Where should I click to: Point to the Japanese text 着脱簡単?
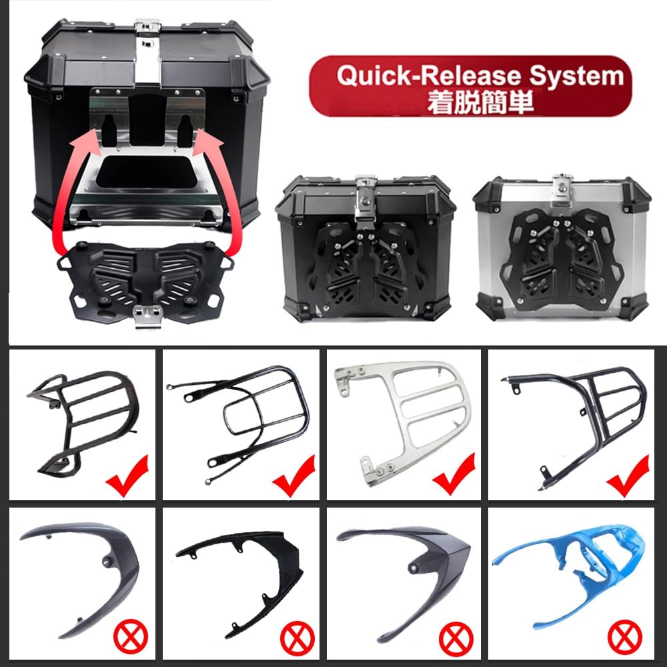[x=480, y=103]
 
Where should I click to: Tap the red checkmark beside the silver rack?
[x=454, y=474]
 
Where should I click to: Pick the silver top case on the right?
[x=562, y=248]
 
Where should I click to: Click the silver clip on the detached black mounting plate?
[x=149, y=315]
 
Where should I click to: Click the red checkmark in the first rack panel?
[x=127, y=476]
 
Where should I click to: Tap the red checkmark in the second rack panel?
[x=294, y=476]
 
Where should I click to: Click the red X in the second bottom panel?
[x=297, y=638]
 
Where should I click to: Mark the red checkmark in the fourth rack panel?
[x=628, y=476]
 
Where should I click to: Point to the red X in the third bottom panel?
[x=456, y=638]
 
